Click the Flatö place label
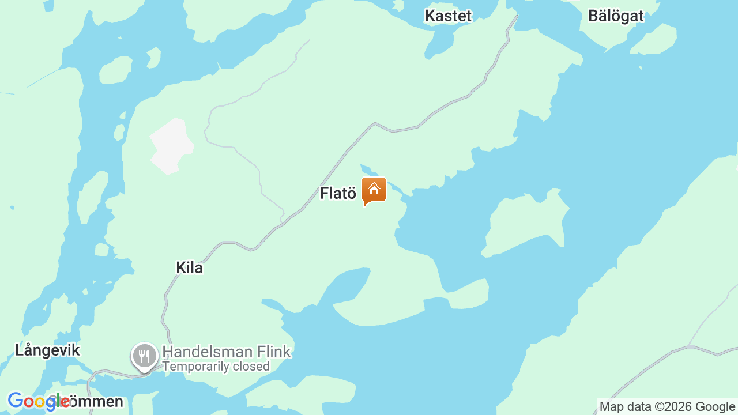click(x=338, y=194)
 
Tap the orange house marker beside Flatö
click(x=374, y=190)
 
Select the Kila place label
click(x=189, y=268)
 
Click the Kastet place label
click(x=448, y=16)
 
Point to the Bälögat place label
click(x=616, y=16)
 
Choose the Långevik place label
click(x=47, y=350)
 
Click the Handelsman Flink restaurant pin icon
click(x=144, y=356)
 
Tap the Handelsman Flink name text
click(x=226, y=352)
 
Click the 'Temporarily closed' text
click(x=216, y=367)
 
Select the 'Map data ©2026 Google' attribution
click(x=667, y=407)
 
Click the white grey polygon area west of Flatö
click(x=171, y=146)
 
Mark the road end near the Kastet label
click(x=517, y=17)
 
